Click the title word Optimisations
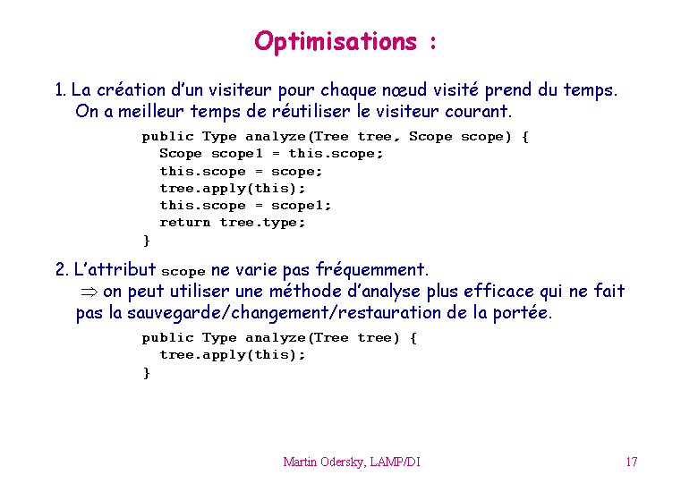click(336, 42)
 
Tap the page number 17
click(631, 462)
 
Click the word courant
click(478, 111)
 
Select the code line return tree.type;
click(233, 223)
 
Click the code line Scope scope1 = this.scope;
click(271, 154)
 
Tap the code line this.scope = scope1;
click(245, 206)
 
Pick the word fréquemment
click(371, 270)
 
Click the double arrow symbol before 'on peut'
click(89, 292)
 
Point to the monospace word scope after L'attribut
click(183, 271)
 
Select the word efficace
click(498, 292)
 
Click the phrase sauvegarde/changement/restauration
click(284, 313)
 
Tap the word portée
click(523, 313)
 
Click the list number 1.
click(60, 90)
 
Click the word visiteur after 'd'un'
click(240, 89)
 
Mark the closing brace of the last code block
click(147, 373)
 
